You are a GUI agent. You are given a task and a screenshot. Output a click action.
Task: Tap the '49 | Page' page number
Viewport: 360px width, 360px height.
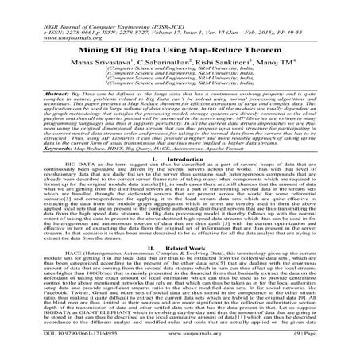click(321, 346)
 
